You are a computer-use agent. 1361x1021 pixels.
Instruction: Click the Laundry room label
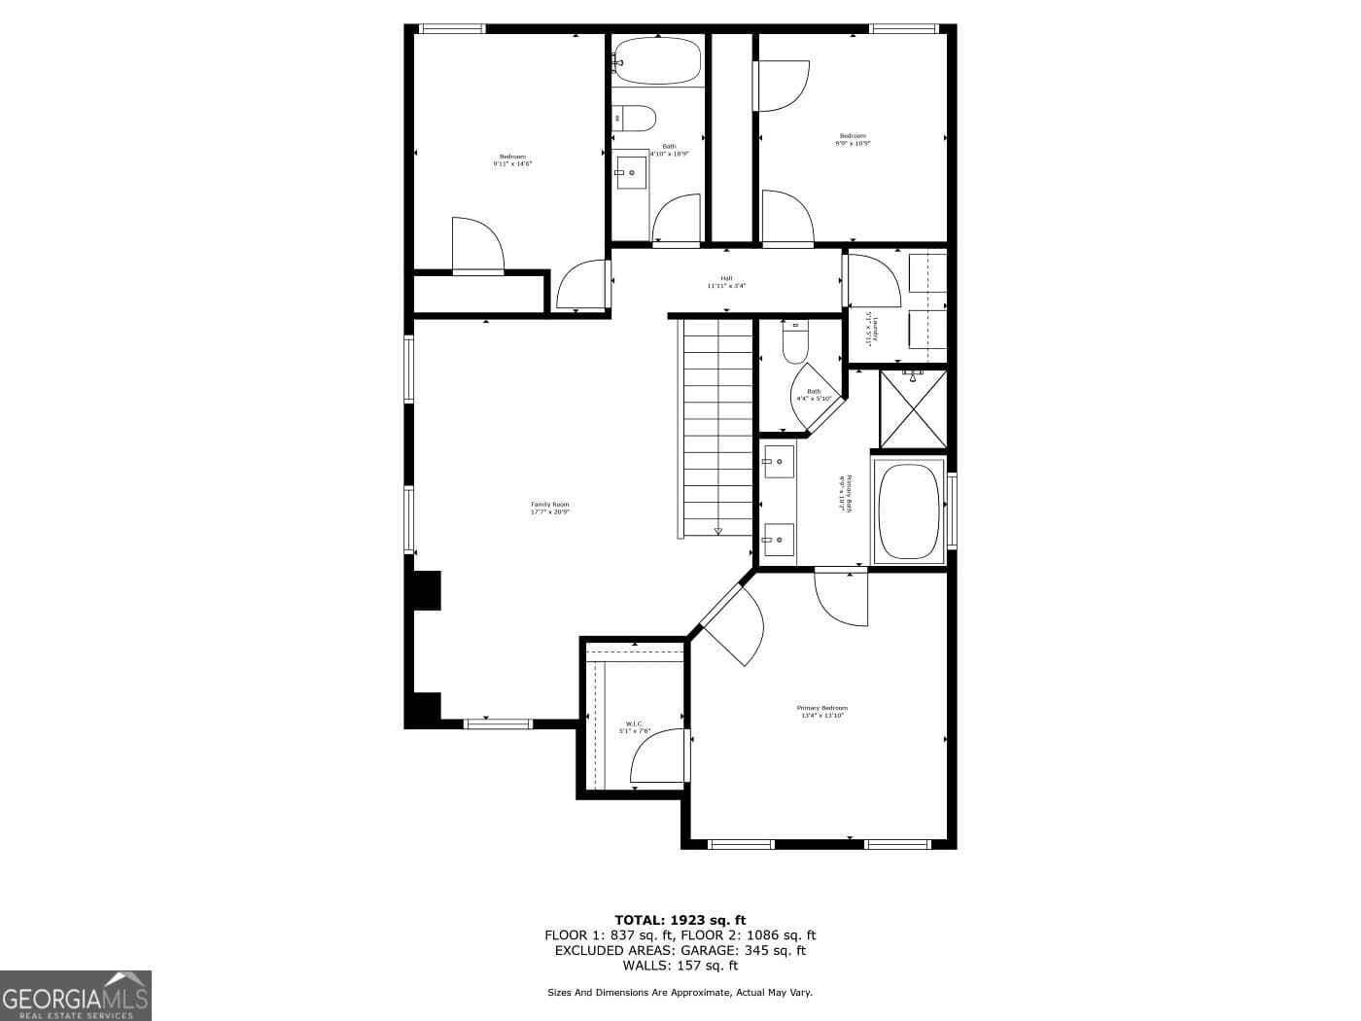coord(870,326)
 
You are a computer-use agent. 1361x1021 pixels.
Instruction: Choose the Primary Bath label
coord(846,494)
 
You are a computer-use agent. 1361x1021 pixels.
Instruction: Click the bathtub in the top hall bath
coord(657,60)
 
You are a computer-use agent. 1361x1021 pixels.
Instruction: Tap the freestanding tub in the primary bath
coord(910,510)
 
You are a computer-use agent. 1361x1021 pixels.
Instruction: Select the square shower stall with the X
coord(913,408)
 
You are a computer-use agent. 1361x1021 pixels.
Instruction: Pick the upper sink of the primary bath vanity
coord(778,461)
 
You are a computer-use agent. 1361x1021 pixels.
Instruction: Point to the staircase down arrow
coord(718,531)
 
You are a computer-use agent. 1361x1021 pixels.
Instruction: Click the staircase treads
coord(718,428)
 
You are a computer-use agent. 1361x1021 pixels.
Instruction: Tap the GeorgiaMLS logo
coord(76,995)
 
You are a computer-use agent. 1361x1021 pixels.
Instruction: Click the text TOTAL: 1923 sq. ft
coord(680,919)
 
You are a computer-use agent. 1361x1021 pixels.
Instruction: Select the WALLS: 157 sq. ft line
coord(680,966)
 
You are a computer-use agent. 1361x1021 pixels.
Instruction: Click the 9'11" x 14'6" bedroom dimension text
coord(512,164)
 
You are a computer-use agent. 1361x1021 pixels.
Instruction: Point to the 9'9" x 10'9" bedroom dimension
coord(853,143)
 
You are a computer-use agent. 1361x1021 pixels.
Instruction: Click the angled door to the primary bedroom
coord(731,622)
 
